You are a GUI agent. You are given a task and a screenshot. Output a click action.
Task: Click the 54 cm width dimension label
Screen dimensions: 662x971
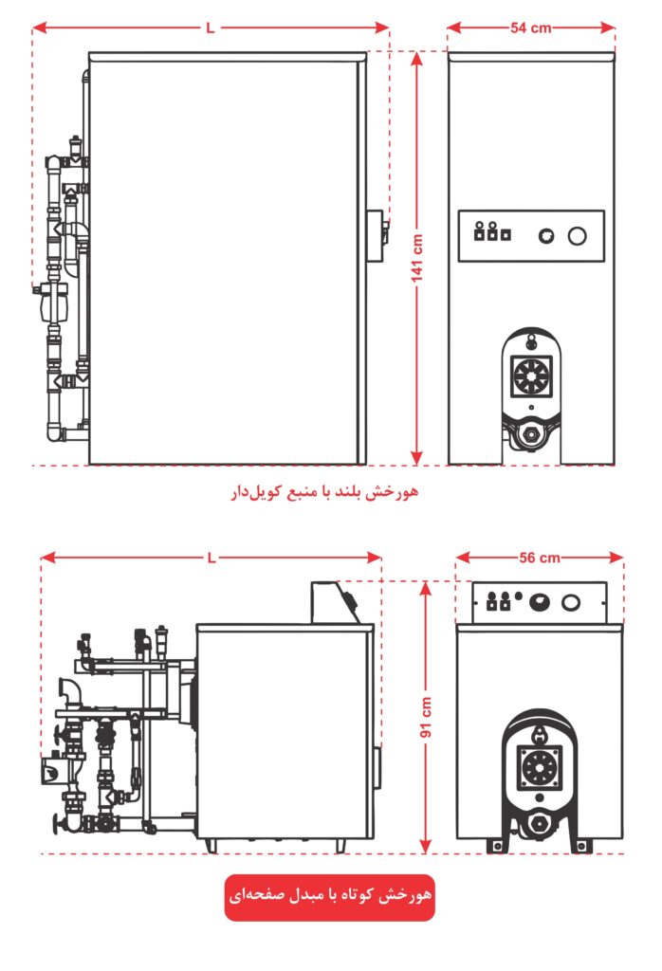[531, 27]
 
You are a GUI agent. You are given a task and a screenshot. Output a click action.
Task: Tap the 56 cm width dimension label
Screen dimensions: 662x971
[540, 558]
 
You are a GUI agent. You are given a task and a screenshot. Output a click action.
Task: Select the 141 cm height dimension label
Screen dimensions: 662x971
[417, 258]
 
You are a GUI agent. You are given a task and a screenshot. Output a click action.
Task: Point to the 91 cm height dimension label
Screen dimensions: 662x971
[426, 717]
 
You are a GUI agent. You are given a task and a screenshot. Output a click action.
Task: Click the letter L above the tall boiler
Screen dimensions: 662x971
[211, 27]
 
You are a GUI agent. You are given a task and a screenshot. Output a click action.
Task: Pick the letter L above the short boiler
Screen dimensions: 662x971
[211, 558]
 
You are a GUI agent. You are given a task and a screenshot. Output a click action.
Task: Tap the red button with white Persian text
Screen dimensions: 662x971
[329, 897]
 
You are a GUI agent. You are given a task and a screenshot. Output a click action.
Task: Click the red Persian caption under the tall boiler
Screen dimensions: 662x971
[325, 492]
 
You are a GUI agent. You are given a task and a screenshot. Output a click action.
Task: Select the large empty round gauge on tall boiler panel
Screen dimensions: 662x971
[578, 236]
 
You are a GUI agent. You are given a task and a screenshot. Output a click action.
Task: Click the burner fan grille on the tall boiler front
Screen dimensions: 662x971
[531, 376]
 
